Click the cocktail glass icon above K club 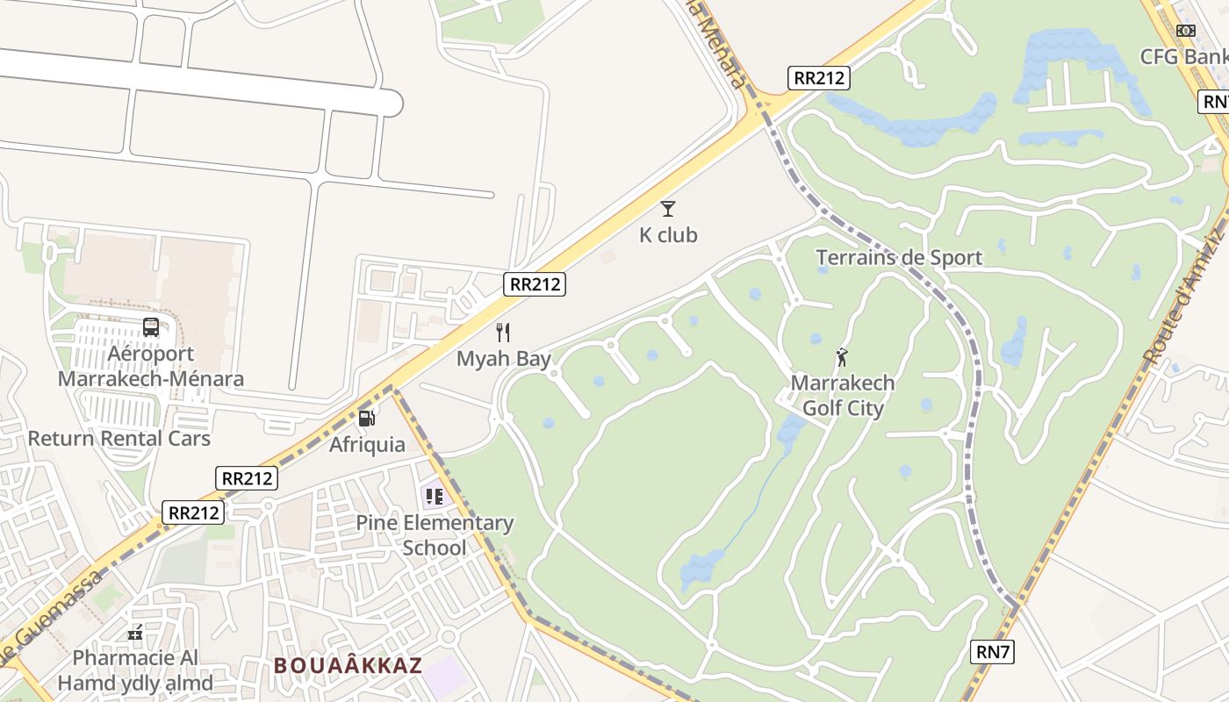[668, 209]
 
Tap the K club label [668, 235]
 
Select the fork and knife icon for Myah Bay [503, 333]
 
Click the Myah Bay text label [504, 359]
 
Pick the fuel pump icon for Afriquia [367, 419]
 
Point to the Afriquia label [367, 445]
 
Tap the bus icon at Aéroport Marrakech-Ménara [151, 327]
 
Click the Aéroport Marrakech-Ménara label [151, 367]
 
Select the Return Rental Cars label [119, 439]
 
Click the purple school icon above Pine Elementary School [434, 497]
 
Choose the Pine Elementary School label [435, 535]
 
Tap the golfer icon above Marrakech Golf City [843, 357]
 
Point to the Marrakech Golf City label [843, 396]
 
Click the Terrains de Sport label [899, 258]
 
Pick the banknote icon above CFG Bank [1186, 31]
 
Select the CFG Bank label [1183, 57]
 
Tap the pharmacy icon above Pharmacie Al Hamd [135, 632]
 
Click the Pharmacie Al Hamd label [135, 670]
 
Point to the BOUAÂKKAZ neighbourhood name [348, 666]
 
